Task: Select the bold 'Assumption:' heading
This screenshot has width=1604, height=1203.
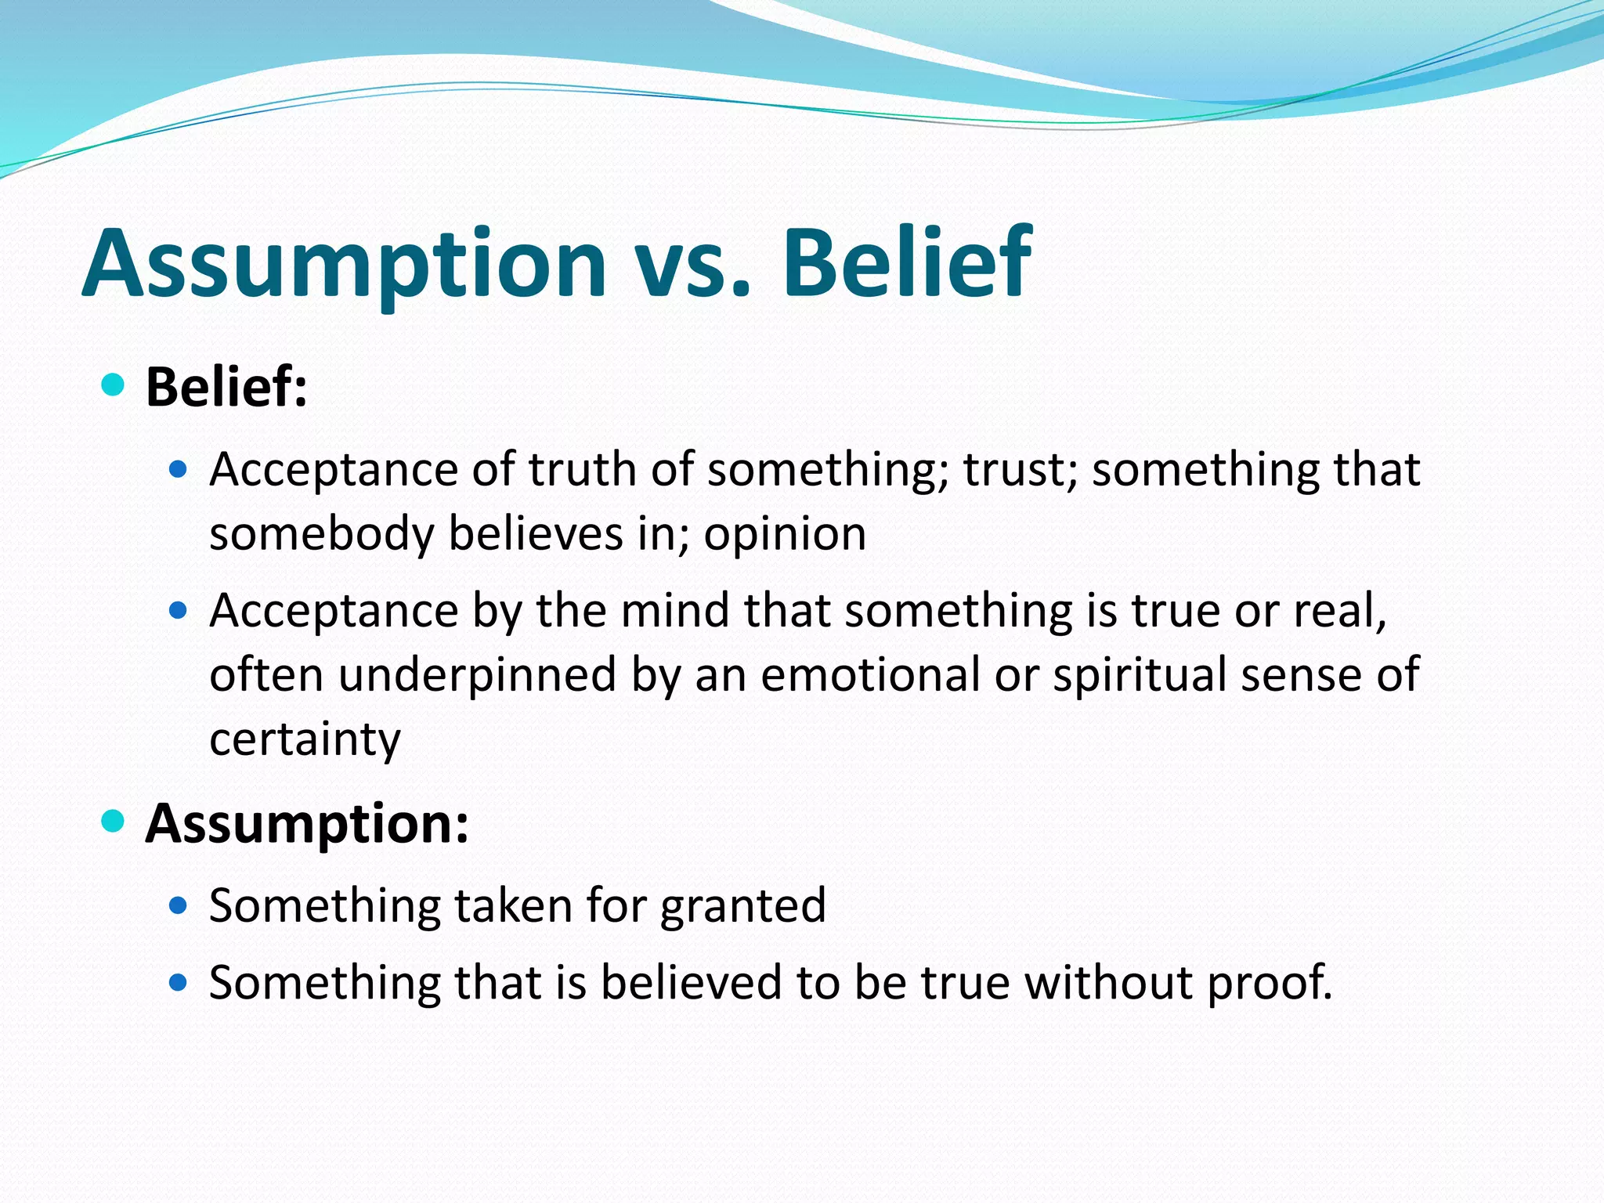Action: (307, 824)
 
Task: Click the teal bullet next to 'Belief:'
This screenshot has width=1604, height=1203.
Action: (114, 385)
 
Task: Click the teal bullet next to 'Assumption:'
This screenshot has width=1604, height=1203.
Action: (114, 822)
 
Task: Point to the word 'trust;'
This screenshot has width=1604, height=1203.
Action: (1020, 470)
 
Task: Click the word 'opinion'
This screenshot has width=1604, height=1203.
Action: (785, 534)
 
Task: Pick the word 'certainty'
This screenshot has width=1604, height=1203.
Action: (305, 739)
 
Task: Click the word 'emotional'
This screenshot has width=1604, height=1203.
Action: (869, 675)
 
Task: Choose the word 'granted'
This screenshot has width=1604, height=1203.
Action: (742, 906)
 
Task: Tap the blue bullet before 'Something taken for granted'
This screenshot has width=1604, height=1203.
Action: (179, 906)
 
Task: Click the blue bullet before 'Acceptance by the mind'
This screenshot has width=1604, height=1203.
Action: (179, 610)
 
